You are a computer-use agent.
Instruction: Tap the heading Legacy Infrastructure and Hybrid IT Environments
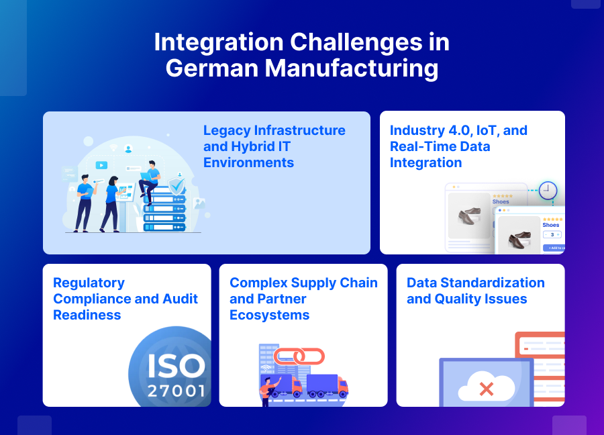click(x=274, y=146)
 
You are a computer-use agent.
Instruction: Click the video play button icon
click(x=101, y=164)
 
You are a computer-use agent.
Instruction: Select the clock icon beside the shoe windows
click(x=548, y=191)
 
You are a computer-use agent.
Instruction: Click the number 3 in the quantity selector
click(x=552, y=234)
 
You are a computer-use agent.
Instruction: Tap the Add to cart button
click(x=554, y=248)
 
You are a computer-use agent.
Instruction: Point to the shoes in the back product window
click(x=468, y=215)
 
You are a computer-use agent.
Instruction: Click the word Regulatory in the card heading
click(x=89, y=283)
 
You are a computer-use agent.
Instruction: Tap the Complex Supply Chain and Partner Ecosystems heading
click(x=303, y=299)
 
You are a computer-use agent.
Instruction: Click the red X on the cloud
click(x=487, y=389)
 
